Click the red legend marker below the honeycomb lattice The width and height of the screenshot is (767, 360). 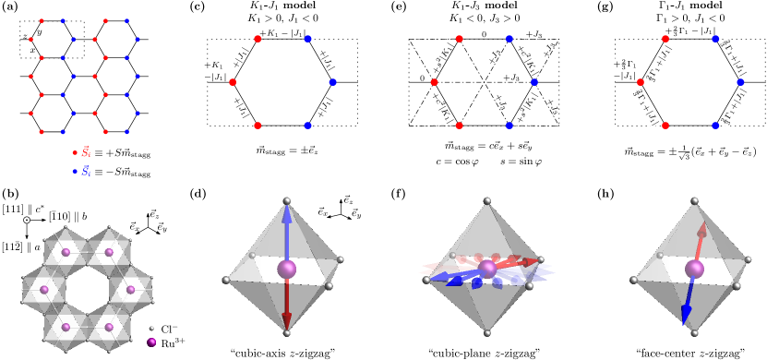(x=75, y=152)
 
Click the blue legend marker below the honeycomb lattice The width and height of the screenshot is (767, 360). (x=75, y=171)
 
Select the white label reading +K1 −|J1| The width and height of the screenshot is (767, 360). (x=216, y=71)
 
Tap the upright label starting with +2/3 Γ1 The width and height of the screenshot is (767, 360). (x=625, y=70)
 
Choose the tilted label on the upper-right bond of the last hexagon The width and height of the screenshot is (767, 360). (x=734, y=57)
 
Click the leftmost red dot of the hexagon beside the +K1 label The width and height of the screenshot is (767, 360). (x=233, y=82)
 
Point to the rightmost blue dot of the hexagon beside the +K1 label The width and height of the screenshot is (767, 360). (x=332, y=82)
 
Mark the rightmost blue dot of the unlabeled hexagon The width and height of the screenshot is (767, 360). (x=534, y=82)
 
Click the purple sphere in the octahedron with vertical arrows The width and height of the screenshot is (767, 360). (x=287, y=269)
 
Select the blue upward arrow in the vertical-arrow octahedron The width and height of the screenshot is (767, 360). (x=287, y=231)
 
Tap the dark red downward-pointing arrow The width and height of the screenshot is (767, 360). (x=287, y=305)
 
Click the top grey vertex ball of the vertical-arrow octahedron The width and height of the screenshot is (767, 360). (x=287, y=200)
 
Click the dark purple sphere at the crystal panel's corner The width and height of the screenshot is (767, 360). (x=151, y=342)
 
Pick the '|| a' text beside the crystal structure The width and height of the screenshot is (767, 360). (x=30, y=246)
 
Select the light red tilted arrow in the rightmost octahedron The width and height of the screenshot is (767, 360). (x=701, y=242)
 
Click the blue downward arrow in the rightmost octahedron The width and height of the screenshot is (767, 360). (x=688, y=301)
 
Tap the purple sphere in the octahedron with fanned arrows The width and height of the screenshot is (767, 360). (x=487, y=269)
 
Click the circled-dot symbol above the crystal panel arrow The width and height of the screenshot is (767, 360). (x=27, y=220)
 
